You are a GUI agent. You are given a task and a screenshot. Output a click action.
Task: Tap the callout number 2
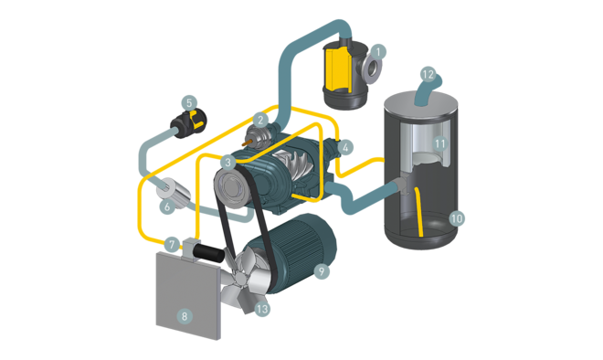click(x=260, y=120)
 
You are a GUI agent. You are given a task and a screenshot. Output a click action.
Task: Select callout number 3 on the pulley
click(x=228, y=162)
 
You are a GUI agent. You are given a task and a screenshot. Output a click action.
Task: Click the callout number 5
click(x=188, y=102)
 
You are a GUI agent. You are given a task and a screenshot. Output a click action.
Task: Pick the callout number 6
click(x=167, y=207)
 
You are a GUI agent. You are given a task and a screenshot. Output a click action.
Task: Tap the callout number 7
click(x=172, y=245)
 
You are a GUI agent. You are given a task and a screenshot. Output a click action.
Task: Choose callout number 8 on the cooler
click(x=185, y=316)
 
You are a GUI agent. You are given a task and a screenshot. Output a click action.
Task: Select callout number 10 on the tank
click(x=457, y=218)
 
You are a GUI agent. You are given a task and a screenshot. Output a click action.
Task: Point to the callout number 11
click(x=439, y=143)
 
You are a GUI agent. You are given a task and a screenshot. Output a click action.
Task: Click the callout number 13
click(x=263, y=309)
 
